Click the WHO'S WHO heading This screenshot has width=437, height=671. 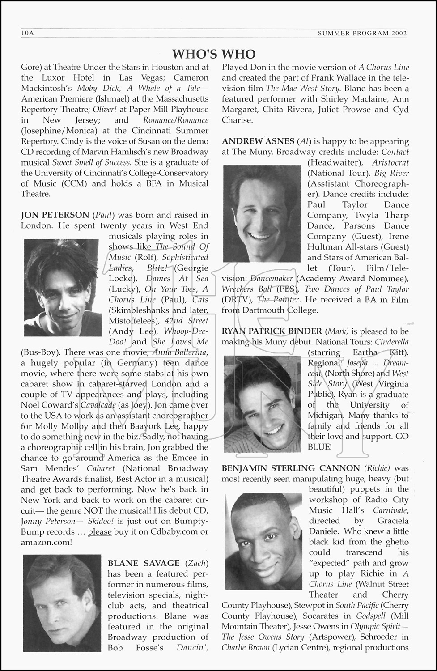(x=214, y=54)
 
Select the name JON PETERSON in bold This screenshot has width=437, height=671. (x=55, y=215)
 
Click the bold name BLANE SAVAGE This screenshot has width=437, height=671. (x=144, y=563)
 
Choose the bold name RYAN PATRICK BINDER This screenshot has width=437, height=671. (x=272, y=331)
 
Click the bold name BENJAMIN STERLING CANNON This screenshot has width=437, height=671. (x=291, y=468)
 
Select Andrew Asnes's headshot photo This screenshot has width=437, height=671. (x=262, y=213)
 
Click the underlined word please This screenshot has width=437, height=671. (x=99, y=532)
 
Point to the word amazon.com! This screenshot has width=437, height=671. (x=46, y=542)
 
